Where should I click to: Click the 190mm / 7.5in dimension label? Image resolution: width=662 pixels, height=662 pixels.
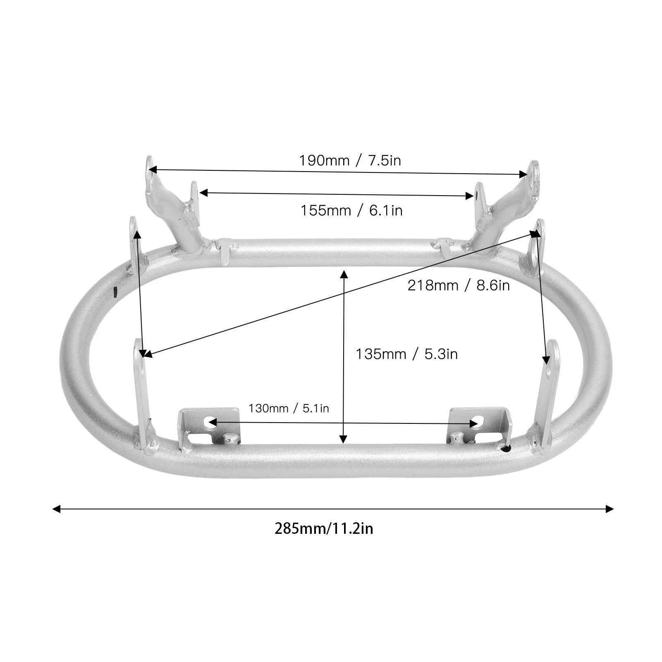click(350, 160)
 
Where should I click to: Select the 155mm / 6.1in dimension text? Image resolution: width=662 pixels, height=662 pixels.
click(351, 210)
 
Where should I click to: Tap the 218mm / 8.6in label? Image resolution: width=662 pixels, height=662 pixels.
click(459, 285)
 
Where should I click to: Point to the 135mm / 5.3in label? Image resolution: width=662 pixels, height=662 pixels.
click(407, 354)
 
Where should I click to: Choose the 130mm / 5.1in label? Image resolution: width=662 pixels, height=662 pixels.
click(289, 409)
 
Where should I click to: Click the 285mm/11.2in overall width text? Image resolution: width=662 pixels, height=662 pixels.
click(324, 529)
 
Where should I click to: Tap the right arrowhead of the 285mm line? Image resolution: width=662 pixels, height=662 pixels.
click(609, 509)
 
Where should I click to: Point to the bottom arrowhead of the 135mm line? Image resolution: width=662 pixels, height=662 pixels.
click(343, 439)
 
